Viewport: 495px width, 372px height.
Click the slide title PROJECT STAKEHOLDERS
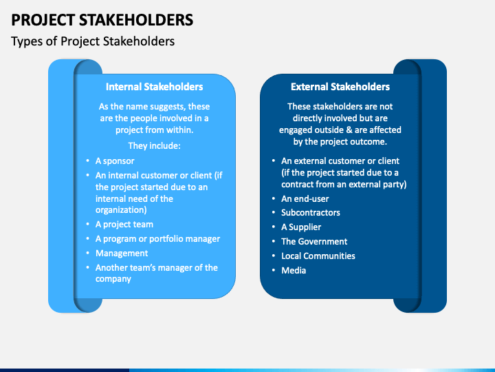coord(102,19)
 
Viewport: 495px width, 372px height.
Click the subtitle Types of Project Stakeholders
coord(93,41)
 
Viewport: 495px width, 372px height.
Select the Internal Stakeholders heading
coord(154,87)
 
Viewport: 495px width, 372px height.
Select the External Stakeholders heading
coord(340,87)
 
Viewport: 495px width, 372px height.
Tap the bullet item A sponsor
coord(115,161)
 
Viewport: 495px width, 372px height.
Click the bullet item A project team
coord(124,224)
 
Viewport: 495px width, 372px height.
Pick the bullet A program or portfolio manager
coord(157,238)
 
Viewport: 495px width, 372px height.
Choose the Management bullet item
coord(122,253)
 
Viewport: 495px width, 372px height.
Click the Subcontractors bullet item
coord(310,213)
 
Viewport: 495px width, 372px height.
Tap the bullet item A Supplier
coord(301,227)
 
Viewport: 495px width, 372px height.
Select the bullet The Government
coord(314,242)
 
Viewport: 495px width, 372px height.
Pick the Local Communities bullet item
coord(318,256)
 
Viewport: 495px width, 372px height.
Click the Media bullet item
coord(294,271)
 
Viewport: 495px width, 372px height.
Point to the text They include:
coord(154,146)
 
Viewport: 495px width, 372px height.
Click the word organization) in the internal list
coord(121,210)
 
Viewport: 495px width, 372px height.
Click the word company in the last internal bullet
coord(113,279)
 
